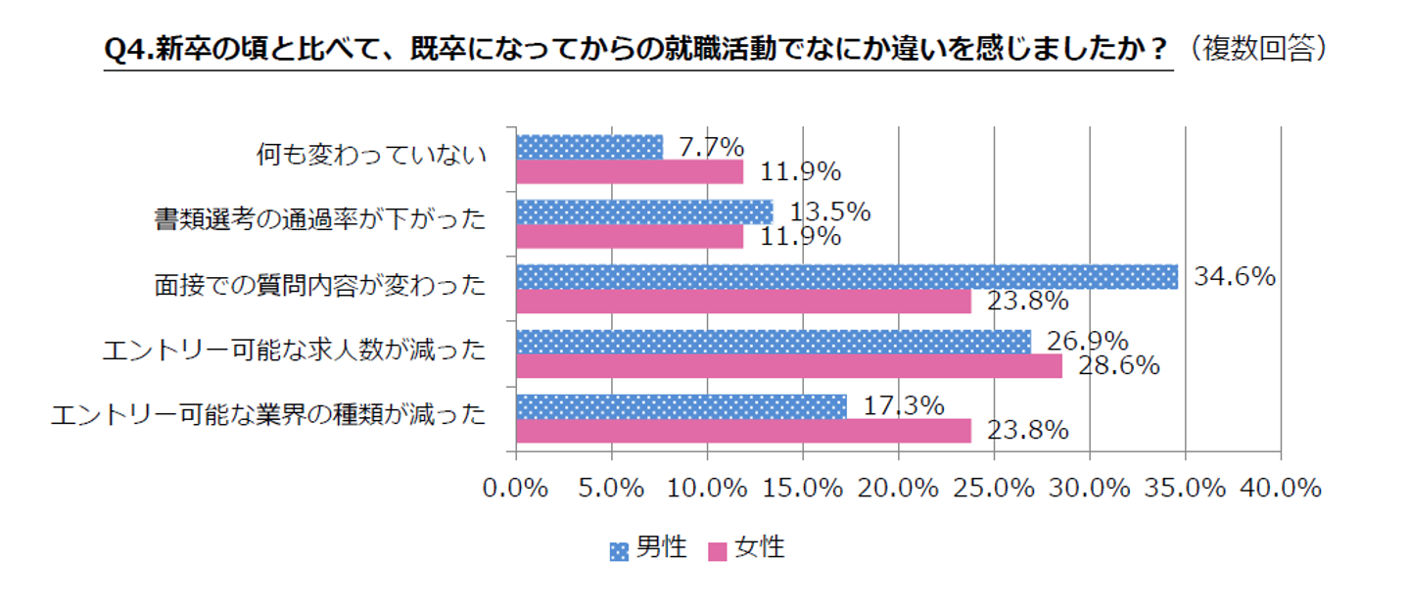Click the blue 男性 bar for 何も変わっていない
(588, 147)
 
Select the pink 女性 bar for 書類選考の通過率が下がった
(629, 237)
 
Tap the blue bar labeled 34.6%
(846, 277)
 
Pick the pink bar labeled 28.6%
(788, 366)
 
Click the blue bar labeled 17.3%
(681, 406)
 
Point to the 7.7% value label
(711, 147)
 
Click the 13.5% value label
(830, 211)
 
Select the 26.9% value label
(1088, 341)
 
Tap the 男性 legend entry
(650, 547)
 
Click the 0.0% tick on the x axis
(515, 488)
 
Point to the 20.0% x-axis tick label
(898, 488)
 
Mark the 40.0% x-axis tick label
(1281, 488)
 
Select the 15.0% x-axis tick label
(802, 488)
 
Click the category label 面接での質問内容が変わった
(319, 286)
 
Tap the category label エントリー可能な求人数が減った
(294, 351)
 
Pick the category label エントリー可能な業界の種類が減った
(268, 415)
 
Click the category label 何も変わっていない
(371, 156)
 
